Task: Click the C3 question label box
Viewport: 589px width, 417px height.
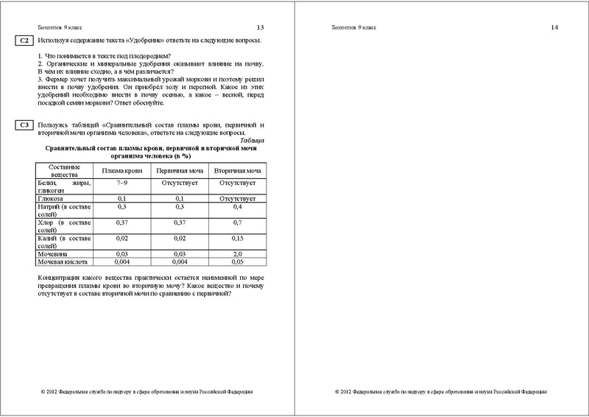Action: (x=24, y=125)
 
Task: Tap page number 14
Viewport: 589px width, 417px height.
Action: (x=555, y=27)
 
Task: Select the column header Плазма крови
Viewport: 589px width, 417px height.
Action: (x=122, y=171)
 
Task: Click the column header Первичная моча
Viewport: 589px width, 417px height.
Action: (x=180, y=171)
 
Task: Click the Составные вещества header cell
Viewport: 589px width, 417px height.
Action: (x=63, y=171)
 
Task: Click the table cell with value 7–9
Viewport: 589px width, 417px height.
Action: (x=122, y=181)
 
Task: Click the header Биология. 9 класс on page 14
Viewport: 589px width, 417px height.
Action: (x=354, y=27)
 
